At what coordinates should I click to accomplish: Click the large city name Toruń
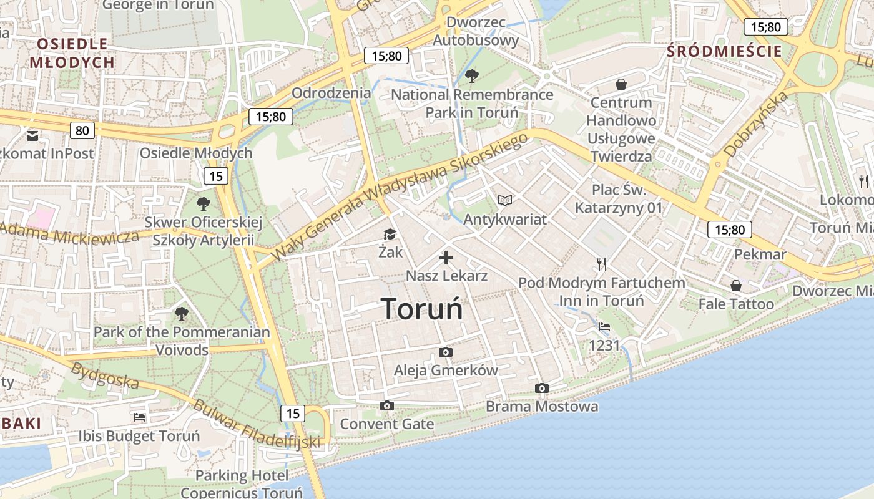point(422,308)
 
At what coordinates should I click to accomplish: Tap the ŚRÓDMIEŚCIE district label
point(724,51)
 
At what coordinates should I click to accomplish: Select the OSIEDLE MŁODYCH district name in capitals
point(72,53)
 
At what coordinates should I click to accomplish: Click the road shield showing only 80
point(83,130)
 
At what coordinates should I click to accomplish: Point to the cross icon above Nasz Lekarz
point(446,257)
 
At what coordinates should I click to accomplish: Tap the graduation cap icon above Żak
point(390,234)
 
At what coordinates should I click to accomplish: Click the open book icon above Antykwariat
point(505,201)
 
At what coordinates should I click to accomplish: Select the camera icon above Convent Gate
point(387,406)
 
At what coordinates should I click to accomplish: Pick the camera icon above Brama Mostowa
point(542,389)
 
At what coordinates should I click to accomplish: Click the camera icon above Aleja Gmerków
point(445,352)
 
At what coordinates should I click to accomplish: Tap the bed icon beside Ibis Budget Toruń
point(139,417)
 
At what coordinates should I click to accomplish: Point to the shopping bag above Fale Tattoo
point(736,286)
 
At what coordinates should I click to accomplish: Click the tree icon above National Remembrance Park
point(472,76)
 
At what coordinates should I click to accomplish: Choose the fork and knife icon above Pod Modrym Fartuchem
point(602,264)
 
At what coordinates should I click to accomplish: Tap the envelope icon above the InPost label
point(32,135)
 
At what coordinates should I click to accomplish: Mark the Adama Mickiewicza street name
point(69,233)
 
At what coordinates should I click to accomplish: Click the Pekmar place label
point(760,254)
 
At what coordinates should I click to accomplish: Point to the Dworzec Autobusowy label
point(476,31)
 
